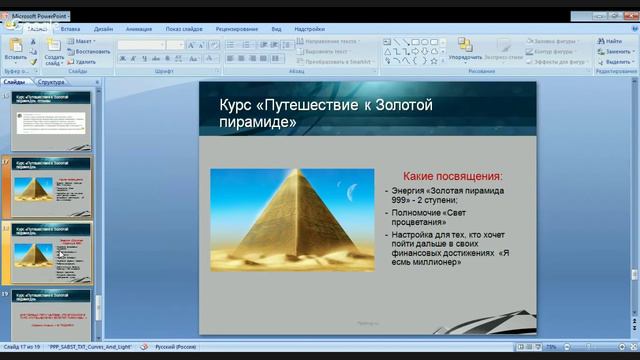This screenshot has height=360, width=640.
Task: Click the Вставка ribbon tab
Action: tap(70, 30)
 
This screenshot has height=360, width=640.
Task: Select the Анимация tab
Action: tap(139, 30)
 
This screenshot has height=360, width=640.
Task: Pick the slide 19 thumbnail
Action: tap(51, 315)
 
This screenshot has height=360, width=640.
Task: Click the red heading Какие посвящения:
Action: tap(445, 176)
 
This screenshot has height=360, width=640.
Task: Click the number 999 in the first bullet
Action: tap(400, 200)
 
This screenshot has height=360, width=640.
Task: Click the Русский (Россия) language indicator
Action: tap(173, 346)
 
